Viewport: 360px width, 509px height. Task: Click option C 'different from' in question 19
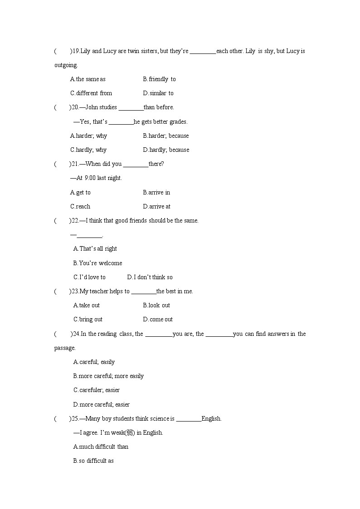point(91,93)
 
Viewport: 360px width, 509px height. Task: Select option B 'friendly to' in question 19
point(159,79)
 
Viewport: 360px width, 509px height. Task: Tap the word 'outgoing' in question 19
point(65,65)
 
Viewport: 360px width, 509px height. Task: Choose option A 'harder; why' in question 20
point(88,136)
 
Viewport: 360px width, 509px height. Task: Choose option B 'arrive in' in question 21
point(156,193)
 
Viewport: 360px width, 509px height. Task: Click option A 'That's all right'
point(95,249)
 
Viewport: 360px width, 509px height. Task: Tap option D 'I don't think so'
point(150,277)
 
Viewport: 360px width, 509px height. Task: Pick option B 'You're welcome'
point(98,263)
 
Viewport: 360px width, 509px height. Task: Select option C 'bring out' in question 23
point(88,320)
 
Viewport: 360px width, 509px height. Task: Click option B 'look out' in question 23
point(156,305)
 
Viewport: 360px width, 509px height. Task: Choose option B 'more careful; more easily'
point(108,376)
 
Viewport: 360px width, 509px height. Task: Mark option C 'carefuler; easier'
point(97,390)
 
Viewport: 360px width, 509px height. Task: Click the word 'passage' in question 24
point(64,348)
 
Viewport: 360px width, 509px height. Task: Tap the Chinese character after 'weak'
point(130,433)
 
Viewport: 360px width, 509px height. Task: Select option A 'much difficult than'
point(101,447)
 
